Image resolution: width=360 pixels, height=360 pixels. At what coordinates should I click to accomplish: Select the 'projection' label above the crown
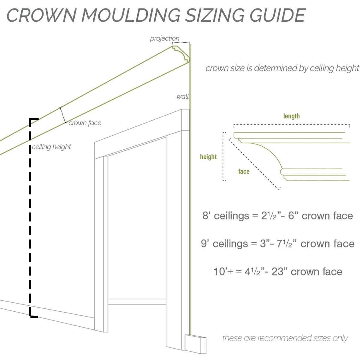tap(164, 38)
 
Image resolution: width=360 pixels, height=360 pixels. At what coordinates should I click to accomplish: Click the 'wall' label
tap(182, 96)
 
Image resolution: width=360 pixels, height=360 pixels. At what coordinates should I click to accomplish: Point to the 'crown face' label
tap(85, 123)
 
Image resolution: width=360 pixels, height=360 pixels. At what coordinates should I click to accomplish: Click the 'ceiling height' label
tap(51, 147)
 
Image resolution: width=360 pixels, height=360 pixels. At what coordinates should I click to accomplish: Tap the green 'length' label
tap(291, 116)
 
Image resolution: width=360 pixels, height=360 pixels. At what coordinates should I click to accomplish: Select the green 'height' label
tap(208, 157)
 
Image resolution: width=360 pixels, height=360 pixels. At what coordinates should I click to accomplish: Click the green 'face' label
tap(244, 171)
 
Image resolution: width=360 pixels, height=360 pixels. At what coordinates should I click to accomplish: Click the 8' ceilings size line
tap(277, 216)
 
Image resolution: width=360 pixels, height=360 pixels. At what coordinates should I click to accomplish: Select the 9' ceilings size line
tap(277, 243)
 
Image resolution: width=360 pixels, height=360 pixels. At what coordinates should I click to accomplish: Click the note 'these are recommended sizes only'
tap(285, 338)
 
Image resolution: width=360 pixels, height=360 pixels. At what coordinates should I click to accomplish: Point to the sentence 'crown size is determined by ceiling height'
tap(282, 68)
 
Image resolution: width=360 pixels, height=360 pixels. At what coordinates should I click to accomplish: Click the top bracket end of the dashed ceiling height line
tap(33, 119)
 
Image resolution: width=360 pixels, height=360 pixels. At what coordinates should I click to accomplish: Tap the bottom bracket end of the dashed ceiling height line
tap(33, 316)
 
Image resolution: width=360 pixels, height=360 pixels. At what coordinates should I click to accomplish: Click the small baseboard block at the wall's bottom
tap(195, 344)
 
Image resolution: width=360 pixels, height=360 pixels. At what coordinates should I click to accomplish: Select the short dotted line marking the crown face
tap(63, 115)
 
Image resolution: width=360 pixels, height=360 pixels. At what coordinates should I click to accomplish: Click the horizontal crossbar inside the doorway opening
tap(137, 301)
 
